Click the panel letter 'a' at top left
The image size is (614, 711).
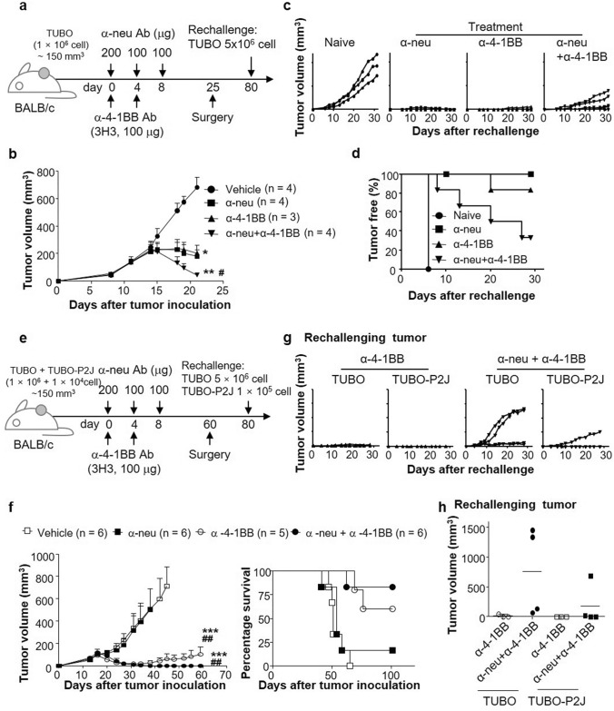(7, 7)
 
